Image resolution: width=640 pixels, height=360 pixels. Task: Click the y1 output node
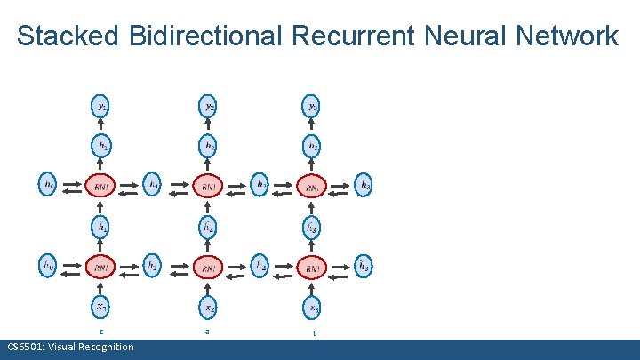click(x=102, y=107)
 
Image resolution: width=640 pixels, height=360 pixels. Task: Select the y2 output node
click(x=208, y=107)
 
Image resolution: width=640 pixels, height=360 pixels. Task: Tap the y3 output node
click(x=313, y=107)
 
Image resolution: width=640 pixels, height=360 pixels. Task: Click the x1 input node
click(x=102, y=308)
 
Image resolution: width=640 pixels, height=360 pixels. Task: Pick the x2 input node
click(x=208, y=308)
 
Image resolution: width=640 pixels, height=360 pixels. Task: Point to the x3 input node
click(x=313, y=308)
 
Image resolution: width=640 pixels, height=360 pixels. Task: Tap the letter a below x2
click(x=207, y=332)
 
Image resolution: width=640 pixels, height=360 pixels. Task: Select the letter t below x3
click(x=313, y=333)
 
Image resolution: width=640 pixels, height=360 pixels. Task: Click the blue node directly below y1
click(x=102, y=145)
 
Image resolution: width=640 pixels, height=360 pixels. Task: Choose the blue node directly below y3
click(x=313, y=145)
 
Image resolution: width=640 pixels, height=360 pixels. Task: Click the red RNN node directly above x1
click(x=102, y=267)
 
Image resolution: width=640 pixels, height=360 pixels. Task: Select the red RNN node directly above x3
click(x=313, y=267)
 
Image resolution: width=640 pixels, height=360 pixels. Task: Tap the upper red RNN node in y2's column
click(x=208, y=186)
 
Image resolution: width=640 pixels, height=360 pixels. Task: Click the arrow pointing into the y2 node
click(x=208, y=125)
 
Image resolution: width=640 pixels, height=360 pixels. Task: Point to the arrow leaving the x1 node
click(x=102, y=288)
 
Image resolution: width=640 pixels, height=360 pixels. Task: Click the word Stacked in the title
click(x=66, y=36)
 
